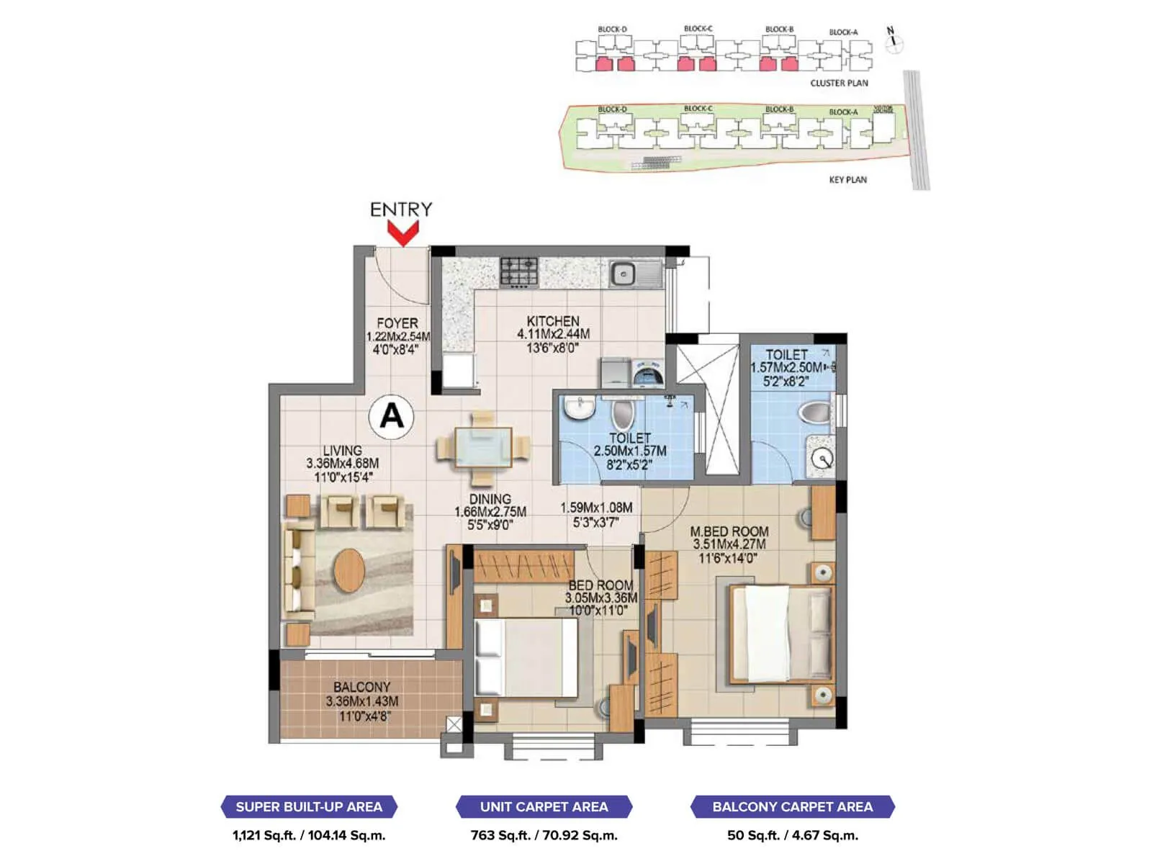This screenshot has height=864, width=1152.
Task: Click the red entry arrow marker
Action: click(402, 233)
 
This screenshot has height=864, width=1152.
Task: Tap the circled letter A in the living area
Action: click(391, 416)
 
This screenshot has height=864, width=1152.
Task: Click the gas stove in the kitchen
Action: click(519, 272)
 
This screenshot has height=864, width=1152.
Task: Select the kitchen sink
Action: click(624, 274)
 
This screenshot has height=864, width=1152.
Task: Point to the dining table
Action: click(483, 448)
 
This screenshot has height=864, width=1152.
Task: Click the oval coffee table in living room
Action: click(349, 570)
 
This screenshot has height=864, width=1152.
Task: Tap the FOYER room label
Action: click(397, 323)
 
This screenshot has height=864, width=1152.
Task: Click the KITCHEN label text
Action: click(552, 321)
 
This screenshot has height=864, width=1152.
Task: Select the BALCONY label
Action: click(361, 687)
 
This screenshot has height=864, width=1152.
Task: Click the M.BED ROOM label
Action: click(729, 531)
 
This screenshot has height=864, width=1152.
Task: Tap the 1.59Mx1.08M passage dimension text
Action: click(596, 508)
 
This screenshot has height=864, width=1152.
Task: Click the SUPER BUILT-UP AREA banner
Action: click(309, 806)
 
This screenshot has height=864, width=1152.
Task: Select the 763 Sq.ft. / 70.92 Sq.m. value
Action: click(544, 835)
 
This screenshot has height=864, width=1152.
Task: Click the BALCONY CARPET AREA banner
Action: click(792, 806)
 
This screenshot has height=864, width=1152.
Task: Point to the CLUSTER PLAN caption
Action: click(839, 83)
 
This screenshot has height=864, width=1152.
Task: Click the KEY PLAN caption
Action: click(847, 179)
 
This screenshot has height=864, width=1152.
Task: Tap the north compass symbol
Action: click(893, 40)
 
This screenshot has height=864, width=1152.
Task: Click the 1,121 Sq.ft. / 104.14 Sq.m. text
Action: click(309, 835)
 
